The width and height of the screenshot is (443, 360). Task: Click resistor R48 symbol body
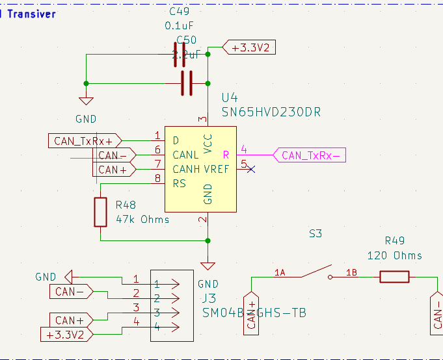[100, 212]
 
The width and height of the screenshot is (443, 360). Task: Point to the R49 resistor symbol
[394, 277]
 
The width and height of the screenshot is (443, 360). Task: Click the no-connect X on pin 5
[252, 169]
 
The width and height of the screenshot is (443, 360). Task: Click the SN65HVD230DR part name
[271, 112]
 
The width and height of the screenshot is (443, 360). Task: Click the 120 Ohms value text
[394, 255]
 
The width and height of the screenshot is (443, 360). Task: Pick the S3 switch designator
[315, 233]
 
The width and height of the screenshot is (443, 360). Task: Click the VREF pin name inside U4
[216, 169]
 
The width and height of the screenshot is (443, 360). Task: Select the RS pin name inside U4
[179, 183]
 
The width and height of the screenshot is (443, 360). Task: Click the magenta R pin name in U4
[226, 155]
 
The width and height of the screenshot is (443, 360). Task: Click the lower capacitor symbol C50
[187, 83]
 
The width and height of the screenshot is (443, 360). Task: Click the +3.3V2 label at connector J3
[68, 335]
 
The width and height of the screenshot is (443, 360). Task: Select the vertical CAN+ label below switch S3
[251, 316]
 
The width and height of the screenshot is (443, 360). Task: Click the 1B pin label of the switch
[352, 272]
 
